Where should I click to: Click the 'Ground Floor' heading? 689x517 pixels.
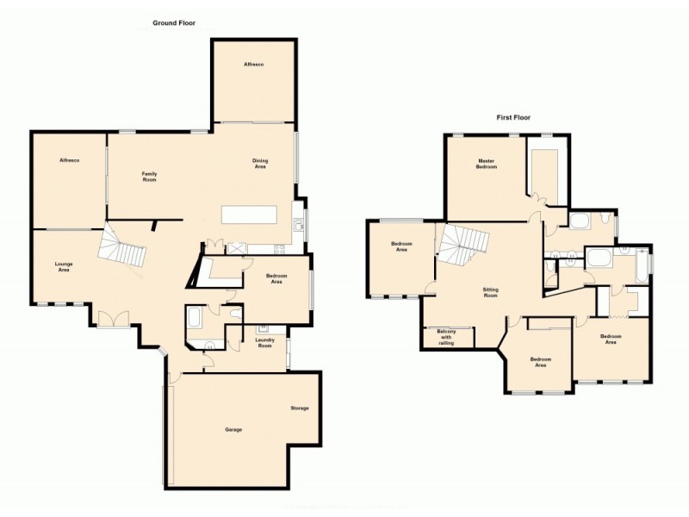tap(174, 23)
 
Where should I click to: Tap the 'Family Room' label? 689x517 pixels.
tap(149, 177)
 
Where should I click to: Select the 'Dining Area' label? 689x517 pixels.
tap(260, 163)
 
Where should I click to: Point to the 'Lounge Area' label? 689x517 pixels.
tap(63, 266)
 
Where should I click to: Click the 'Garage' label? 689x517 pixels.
tap(233, 428)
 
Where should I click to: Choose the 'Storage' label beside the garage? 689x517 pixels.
tap(299, 408)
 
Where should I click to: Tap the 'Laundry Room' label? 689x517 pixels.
tap(265, 342)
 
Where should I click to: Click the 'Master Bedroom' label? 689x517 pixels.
tap(488, 164)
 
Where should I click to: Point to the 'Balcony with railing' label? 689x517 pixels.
tap(446, 337)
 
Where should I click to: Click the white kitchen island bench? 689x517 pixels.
tap(249, 214)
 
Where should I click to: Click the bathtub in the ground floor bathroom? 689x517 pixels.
tap(194, 321)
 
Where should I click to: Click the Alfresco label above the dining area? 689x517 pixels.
tap(253, 65)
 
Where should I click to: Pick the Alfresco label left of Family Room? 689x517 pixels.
tap(69, 161)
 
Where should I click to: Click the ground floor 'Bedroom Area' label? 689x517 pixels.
tap(276, 279)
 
